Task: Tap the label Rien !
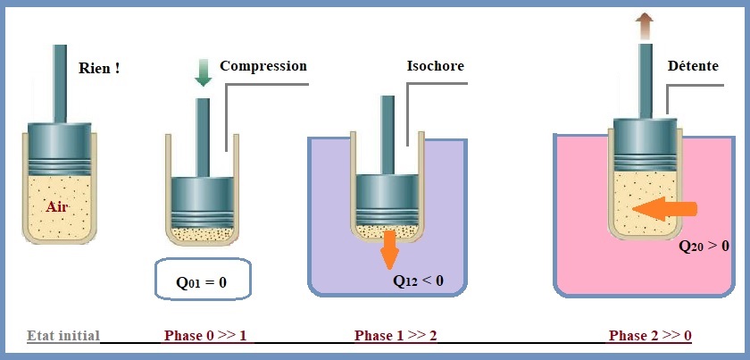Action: pyautogui.click(x=99, y=68)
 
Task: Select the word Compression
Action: pyautogui.click(x=263, y=65)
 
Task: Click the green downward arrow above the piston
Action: pyautogui.click(x=204, y=72)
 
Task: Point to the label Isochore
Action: pyautogui.click(x=436, y=65)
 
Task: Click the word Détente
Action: pyautogui.click(x=693, y=65)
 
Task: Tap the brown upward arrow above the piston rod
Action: pyautogui.click(x=646, y=26)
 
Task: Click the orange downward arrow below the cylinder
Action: pyautogui.click(x=390, y=249)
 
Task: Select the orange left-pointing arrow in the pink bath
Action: pyautogui.click(x=664, y=209)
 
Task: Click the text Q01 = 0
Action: pyautogui.click(x=202, y=282)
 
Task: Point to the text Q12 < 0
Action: pyautogui.click(x=418, y=281)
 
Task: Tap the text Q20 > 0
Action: pyautogui.click(x=704, y=247)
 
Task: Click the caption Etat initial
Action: pyautogui.click(x=63, y=335)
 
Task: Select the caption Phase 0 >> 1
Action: pyautogui.click(x=205, y=335)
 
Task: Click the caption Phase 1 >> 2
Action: pyautogui.click(x=396, y=335)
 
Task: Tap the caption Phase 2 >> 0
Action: pyautogui.click(x=650, y=335)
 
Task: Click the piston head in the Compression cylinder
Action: pyautogui.click(x=203, y=202)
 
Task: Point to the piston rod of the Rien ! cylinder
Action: pyautogui.click(x=60, y=84)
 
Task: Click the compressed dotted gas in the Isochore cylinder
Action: pyautogui.click(x=387, y=231)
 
